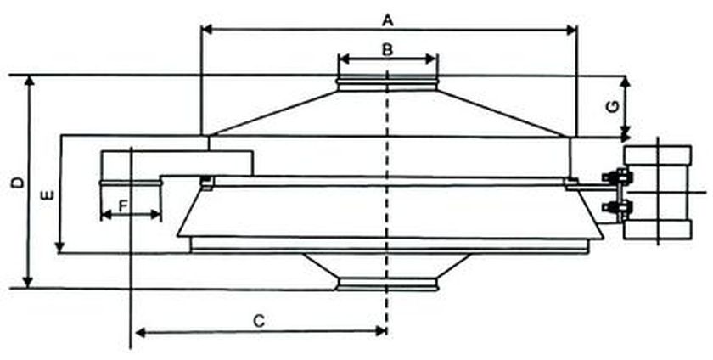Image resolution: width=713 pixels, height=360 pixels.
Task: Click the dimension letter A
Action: click(x=388, y=18)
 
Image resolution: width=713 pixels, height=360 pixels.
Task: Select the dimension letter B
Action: click(x=387, y=49)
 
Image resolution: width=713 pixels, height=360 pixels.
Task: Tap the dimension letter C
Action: click(x=261, y=320)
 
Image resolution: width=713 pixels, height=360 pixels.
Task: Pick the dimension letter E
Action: click(x=48, y=195)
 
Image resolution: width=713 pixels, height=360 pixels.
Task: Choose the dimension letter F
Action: click(x=124, y=205)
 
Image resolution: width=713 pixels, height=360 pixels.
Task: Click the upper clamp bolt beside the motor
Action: click(x=618, y=177)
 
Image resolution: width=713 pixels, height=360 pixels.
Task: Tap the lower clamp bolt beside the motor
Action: click(x=618, y=207)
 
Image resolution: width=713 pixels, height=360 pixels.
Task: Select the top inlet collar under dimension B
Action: click(x=387, y=83)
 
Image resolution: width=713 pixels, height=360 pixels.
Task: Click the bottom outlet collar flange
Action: click(x=387, y=285)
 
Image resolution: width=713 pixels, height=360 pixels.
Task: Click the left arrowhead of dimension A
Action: click(x=205, y=30)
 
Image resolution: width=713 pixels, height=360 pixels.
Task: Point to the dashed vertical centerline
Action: click(x=387, y=212)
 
